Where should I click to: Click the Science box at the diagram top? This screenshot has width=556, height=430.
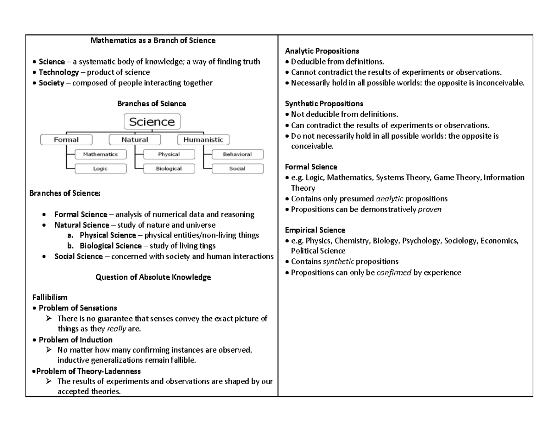pos(152,122)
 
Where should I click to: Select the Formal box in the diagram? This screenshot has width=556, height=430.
pos(66,139)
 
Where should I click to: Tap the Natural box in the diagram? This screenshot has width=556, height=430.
pos(134,139)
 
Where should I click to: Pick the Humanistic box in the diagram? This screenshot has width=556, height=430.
pos(203,139)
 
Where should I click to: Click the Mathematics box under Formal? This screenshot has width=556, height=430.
pos(100,154)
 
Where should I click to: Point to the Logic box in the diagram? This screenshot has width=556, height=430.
pos(100,169)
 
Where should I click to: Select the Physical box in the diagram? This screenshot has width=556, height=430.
pos(169,154)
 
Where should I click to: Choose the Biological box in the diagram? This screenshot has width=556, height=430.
pos(169,169)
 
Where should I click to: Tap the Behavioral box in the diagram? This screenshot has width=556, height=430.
pos(237,154)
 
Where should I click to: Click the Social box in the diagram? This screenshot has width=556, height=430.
pos(237,169)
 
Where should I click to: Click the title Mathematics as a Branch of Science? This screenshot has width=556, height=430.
pos(152,40)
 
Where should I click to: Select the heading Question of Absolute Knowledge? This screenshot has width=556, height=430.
pos(153,277)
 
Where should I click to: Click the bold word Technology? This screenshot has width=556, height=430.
pos(59,72)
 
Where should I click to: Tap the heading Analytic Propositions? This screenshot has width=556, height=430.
pos(322,51)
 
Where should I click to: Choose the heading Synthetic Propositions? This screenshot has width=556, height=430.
pos(324,103)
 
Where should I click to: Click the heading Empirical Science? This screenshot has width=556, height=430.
pos(315,230)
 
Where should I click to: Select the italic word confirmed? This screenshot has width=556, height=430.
pos(393,273)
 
